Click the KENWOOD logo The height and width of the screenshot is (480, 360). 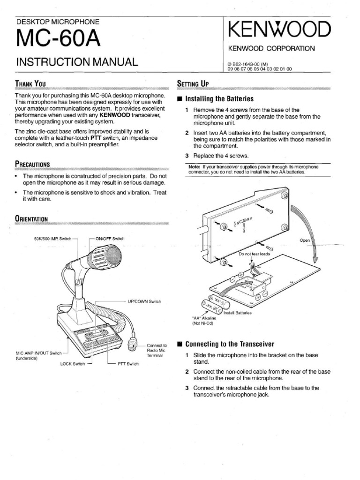[x=277, y=30]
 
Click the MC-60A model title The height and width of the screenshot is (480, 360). [x=59, y=39]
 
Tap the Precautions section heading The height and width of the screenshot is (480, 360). [x=33, y=164]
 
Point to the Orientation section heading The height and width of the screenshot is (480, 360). [x=31, y=218]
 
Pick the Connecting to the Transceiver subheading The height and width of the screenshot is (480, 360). [x=230, y=344]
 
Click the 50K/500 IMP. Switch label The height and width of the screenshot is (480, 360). [x=52, y=239]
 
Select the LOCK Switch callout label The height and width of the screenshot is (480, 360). [x=72, y=363]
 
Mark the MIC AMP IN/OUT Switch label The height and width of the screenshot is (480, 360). [x=39, y=353]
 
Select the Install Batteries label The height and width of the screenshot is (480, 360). [x=237, y=313]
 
